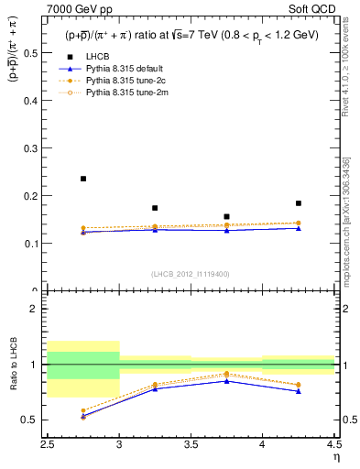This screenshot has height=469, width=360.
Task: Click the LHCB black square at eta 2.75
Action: pos(83,179)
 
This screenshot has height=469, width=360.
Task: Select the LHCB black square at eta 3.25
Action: pos(155,208)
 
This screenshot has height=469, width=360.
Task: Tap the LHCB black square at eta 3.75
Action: pos(226,217)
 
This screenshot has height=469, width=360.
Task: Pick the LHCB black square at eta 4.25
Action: pos(299,203)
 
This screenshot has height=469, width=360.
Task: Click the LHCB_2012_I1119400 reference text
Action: pos(191,274)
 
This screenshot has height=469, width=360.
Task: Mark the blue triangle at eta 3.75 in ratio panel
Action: pos(226,380)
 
